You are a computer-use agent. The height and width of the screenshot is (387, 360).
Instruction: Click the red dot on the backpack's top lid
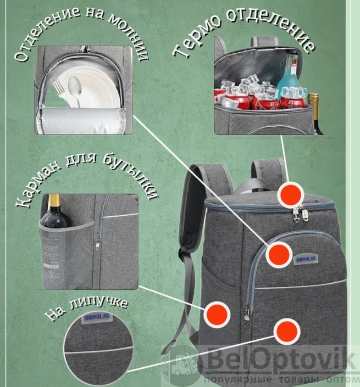291,194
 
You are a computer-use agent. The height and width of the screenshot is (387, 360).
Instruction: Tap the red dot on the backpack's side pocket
218,313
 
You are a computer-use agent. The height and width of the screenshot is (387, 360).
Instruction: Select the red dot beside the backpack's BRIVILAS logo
279,254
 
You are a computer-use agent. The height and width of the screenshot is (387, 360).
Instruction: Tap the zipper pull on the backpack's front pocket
247,315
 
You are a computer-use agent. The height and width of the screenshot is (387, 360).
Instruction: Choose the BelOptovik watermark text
280,362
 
